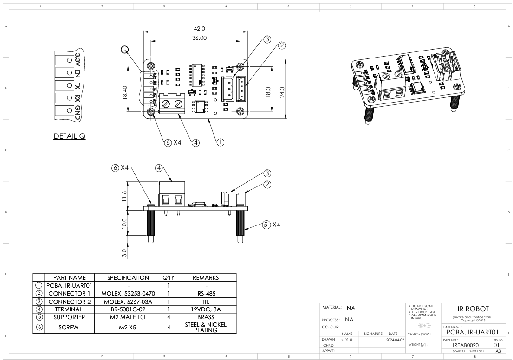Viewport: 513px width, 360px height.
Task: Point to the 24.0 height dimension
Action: (282, 89)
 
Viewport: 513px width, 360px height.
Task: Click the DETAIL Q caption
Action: (70, 136)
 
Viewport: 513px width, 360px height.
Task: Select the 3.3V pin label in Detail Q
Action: (77, 60)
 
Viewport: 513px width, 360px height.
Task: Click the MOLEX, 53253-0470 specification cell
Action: (128, 293)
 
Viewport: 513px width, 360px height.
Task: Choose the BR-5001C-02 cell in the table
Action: (128, 309)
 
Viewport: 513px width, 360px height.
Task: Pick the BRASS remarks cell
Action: (205, 317)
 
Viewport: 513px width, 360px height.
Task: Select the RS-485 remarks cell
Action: (205, 293)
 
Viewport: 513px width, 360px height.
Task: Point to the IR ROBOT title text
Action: (471, 309)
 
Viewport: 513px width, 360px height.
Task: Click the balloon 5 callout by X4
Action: (266, 225)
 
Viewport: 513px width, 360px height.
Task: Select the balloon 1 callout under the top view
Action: (221, 142)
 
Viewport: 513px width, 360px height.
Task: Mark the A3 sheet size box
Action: (498, 351)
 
